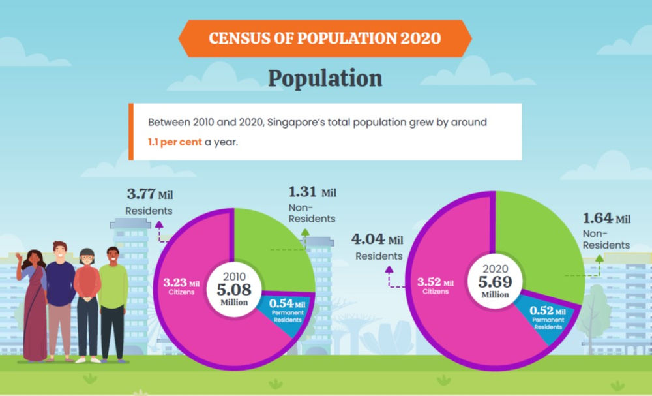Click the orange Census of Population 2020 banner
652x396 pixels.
324,37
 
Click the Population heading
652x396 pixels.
325,78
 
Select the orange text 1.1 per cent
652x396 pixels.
174,142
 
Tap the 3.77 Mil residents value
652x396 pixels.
149,194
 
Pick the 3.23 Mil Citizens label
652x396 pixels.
184,287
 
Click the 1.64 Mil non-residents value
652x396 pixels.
606,219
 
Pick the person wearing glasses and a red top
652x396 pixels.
87,300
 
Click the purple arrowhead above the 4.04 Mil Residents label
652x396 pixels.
389,268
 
